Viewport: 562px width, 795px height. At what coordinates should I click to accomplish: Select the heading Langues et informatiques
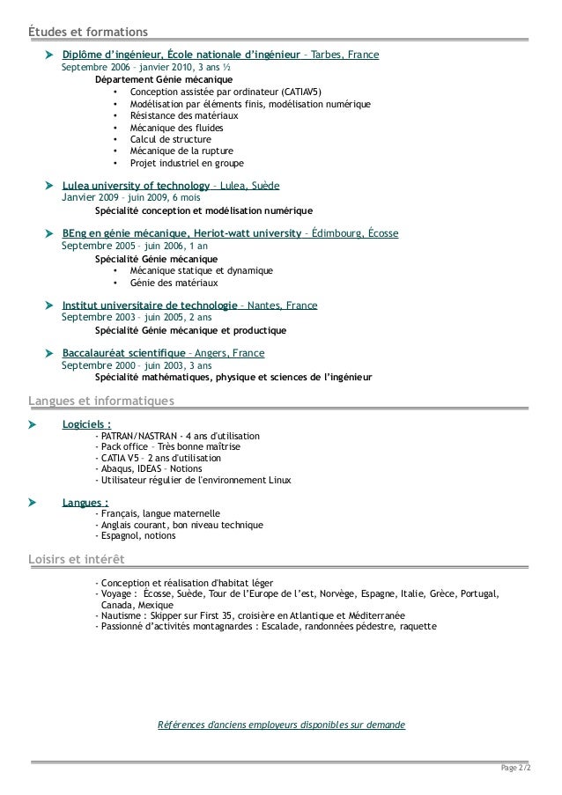pos(101,402)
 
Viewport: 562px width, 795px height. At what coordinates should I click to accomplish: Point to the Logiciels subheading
pos(87,424)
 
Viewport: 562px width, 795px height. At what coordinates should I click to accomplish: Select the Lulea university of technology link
pos(136,187)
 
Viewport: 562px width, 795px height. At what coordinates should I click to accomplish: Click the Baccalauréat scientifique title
pos(124,353)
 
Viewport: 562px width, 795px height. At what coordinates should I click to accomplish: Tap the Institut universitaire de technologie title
pos(149,305)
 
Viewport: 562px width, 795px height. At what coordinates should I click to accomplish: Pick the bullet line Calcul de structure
pos(170,139)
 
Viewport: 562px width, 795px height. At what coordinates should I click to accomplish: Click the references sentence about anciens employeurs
pos(281,725)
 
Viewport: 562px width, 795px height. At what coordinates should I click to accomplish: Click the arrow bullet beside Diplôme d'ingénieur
pos(49,55)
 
